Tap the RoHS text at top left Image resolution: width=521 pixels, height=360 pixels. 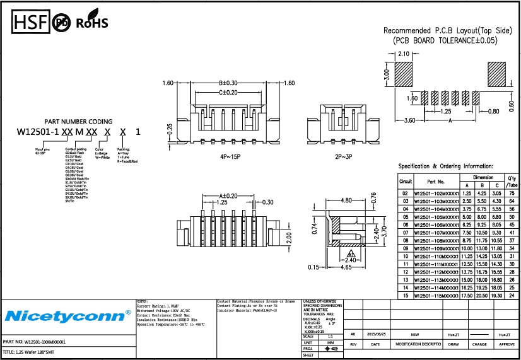92,23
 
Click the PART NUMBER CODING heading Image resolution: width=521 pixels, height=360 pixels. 78,122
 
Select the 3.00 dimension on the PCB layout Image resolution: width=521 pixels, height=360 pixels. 387,74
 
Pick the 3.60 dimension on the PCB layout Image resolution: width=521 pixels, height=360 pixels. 409,120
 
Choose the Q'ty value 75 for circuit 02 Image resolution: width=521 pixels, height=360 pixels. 512,193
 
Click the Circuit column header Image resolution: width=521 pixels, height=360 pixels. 406,181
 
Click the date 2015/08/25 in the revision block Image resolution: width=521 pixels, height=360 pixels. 377,335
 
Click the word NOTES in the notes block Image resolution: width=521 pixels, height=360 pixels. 144,301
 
